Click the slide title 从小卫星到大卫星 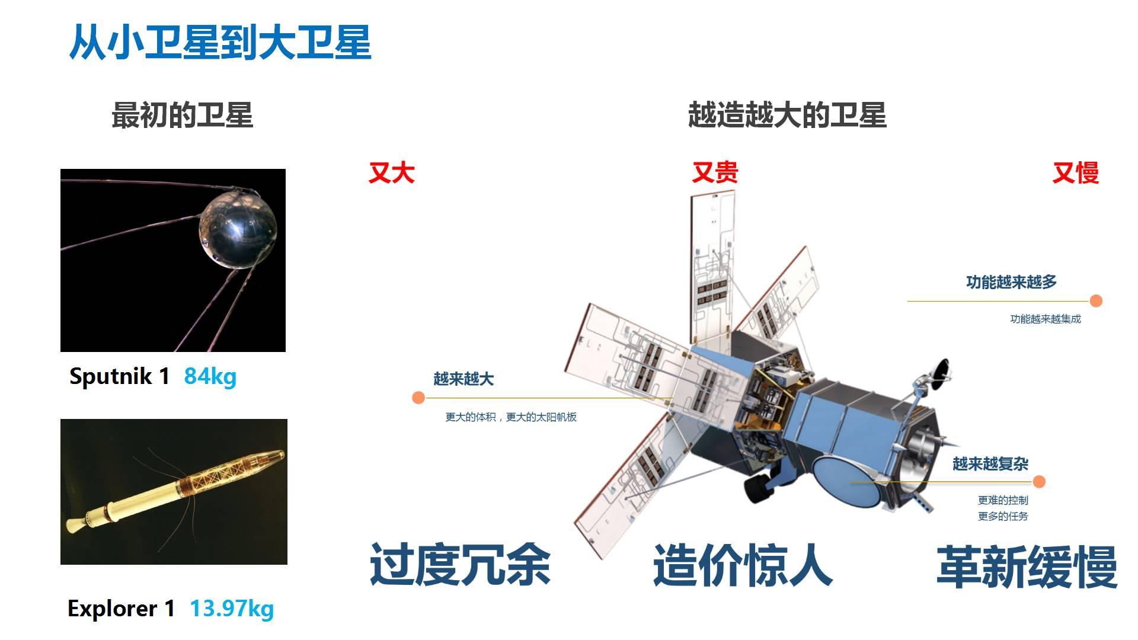click(x=220, y=43)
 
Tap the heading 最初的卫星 click(x=182, y=115)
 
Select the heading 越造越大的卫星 click(x=787, y=115)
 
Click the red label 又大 click(x=391, y=173)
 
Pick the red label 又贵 click(x=715, y=172)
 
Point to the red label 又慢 click(x=1075, y=173)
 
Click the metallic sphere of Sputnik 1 click(x=238, y=229)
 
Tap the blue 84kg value click(x=210, y=376)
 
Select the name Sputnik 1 click(x=120, y=376)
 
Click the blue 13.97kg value click(x=232, y=609)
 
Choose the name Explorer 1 click(x=122, y=609)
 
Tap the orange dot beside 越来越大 click(x=418, y=398)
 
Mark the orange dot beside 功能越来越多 click(x=1096, y=301)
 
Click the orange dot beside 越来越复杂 click(x=1039, y=482)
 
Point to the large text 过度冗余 click(x=461, y=565)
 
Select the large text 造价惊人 click(x=743, y=565)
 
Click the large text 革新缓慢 click(x=1027, y=567)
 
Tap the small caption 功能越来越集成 click(x=1046, y=319)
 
